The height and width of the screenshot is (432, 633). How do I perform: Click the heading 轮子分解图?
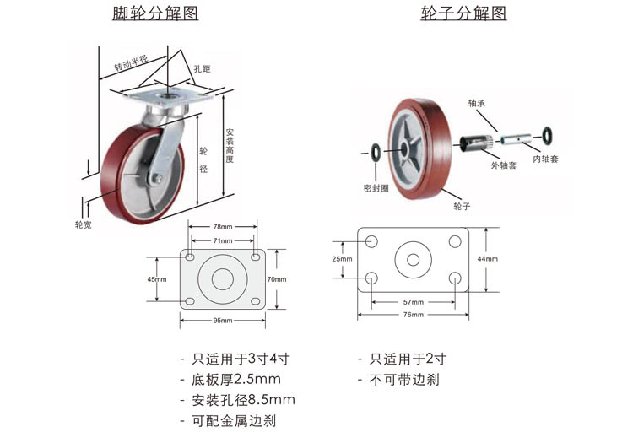tap(463, 14)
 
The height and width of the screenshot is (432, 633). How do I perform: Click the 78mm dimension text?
tap(222, 226)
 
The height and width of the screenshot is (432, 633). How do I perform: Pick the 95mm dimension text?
tap(222, 321)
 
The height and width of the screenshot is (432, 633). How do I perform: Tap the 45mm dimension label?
tap(157, 279)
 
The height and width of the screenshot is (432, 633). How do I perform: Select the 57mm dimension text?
tap(413, 301)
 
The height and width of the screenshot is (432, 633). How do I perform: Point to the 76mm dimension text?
tap(413, 315)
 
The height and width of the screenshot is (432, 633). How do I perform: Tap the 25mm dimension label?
tap(341, 259)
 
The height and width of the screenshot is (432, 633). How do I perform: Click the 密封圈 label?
tap(376, 187)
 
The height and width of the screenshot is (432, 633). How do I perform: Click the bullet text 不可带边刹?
tap(404, 379)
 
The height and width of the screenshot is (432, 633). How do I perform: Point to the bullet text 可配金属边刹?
tap(228, 420)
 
